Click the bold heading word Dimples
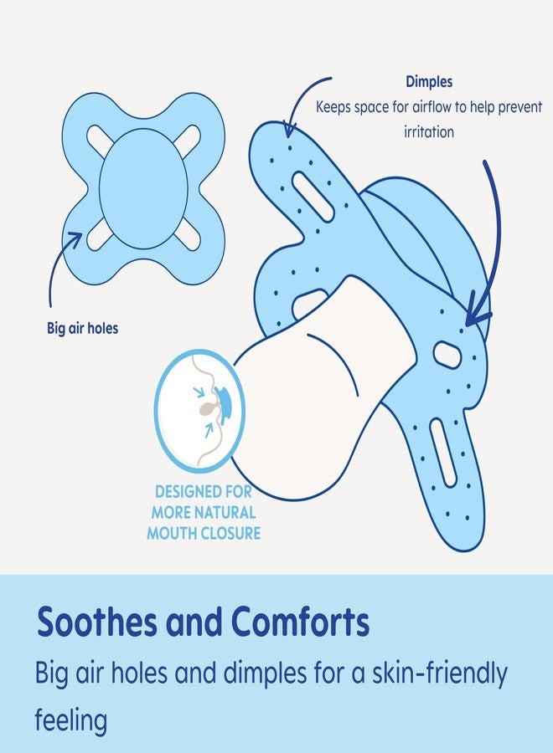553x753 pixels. coord(428,83)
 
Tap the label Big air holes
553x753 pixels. coord(82,328)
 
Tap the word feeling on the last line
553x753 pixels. coord(71,720)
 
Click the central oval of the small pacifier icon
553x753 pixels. coord(143,187)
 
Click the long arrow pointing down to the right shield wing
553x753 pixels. coord(490,243)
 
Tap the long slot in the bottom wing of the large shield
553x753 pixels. coord(445,452)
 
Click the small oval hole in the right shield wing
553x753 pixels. coord(449,355)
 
